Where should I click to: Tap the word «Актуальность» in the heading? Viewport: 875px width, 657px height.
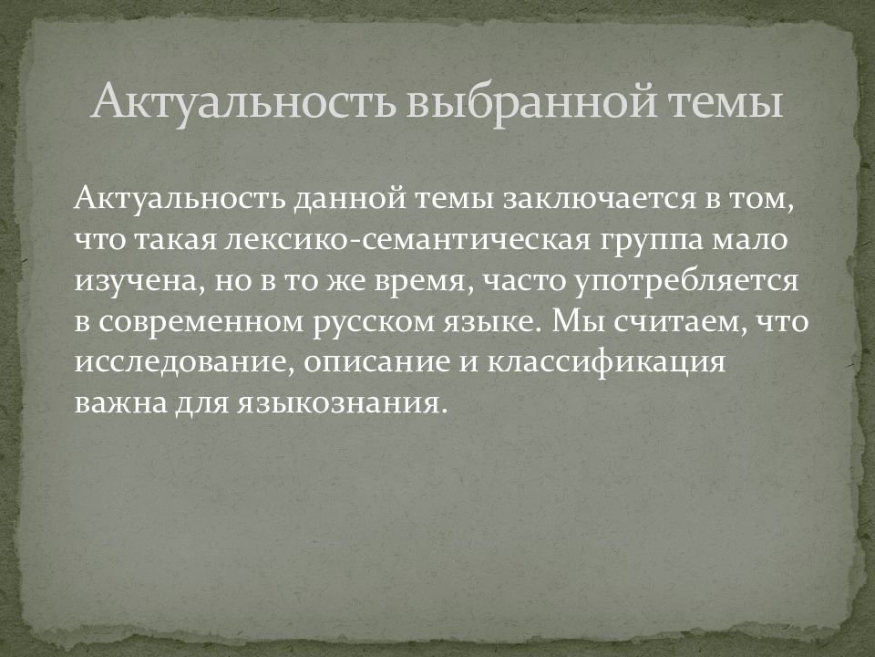point(239,101)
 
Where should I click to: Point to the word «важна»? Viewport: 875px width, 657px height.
point(121,402)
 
